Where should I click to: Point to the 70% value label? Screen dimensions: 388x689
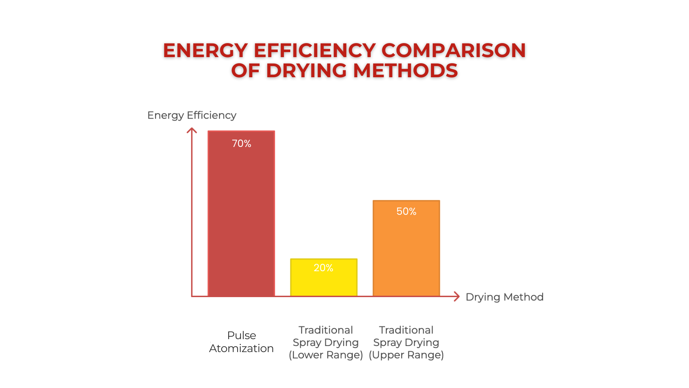(x=242, y=144)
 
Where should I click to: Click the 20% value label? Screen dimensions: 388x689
(x=323, y=268)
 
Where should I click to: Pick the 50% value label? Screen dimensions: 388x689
(x=406, y=211)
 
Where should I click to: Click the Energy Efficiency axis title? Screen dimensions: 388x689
(x=192, y=115)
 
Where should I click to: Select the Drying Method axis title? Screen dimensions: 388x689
(x=504, y=297)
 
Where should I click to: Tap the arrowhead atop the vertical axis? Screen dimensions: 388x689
(x=192, y=130)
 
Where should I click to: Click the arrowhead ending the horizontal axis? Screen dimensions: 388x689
(x=457, y=296)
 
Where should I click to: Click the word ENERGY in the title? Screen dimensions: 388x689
(x=205, y=50)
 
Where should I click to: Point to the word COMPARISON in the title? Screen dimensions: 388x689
(x=454, y=50)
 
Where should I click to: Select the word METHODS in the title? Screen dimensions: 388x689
(x=406, y=70)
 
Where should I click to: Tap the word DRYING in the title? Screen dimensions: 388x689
(x=306, y=70)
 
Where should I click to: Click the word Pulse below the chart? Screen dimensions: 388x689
(x=242, y=336)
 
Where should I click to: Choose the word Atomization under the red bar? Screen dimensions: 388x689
(x=241, y=348)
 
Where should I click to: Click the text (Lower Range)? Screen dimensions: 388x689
(x=326, y=355)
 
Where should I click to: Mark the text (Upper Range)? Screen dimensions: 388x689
(x=406, y=355)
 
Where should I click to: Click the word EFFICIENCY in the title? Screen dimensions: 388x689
(x=315, y=50)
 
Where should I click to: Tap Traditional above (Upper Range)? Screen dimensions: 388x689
(x=406, y=330)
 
